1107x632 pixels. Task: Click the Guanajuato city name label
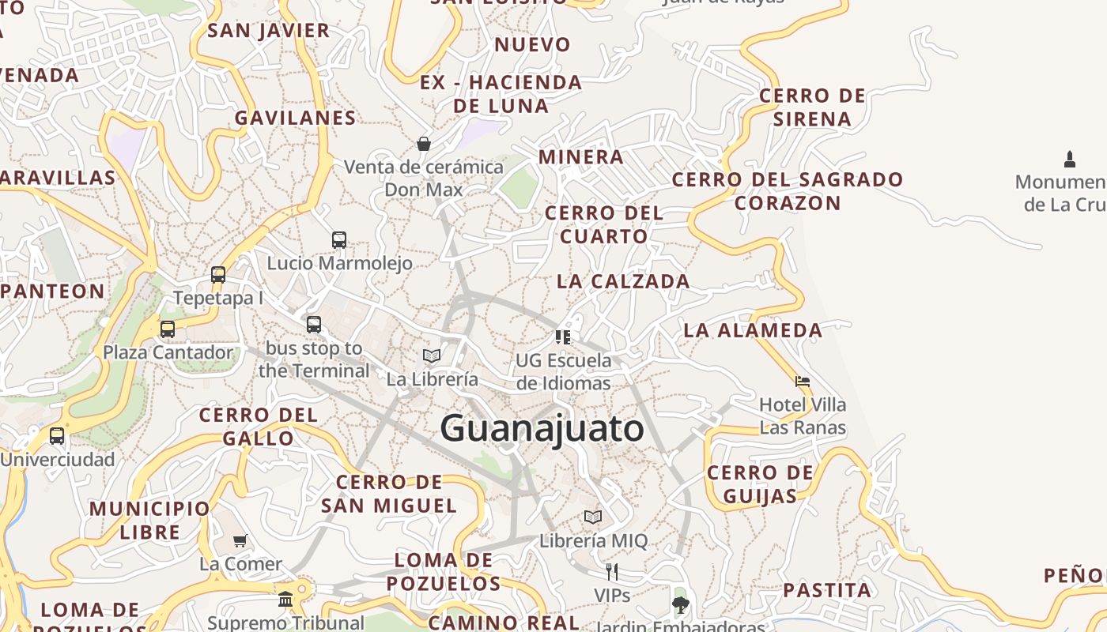pyautogui.click(x=542, y=429)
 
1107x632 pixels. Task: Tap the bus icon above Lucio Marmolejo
pyautogui.click(x=339, y=239)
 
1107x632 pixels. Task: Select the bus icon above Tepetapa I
pyautogui.click(x=218, y=275)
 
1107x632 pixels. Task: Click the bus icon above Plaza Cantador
pyautogui.click(x=168, y=329)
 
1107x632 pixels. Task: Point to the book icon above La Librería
pyautogui.click(x=432, y=355)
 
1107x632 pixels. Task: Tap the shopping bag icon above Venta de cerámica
pyautogui.click(x=424, y=144)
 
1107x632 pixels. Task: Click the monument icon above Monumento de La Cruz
pyautogui.click(x=1070, y=159)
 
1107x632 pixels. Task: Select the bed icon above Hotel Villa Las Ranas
pyautogui.click(x=803, y=382)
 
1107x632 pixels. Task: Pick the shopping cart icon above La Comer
pyautogui.click(x=240, y=540)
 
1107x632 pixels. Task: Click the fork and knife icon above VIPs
pyautogui.click(x=611, y=571)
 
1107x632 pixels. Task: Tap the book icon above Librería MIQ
pyautogui.click(x=593, y=517)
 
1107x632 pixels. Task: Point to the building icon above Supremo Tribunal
pyautogui.click(x=285, y=599)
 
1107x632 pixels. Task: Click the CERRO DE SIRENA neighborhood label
pyautogui.click(x=812, y=107)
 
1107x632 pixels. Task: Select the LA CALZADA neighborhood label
pyautogui.click(x=623, y=281)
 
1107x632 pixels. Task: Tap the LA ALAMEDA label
pyautogui.click(x=753, y=330)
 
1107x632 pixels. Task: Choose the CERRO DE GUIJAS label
pyautogui.click(x=759, y=484)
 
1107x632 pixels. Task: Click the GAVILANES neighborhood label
pyautogui.click(x=295, y=118)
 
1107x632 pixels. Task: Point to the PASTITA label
pyautogui.click(x=827, y=590)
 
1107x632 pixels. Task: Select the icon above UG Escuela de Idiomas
pyautogui.click(x=563, y=337)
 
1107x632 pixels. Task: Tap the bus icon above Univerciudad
pyautogui.click(x=57, y=435)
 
